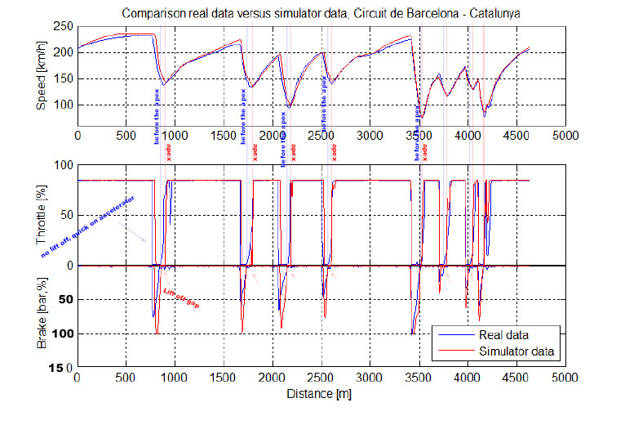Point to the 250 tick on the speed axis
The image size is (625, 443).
click(64, 26)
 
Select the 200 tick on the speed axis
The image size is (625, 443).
click(64, 52)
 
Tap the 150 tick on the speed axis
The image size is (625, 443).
click(64, 79)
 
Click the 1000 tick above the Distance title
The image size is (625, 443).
click(174, 379)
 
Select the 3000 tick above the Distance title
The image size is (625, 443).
click(370, 379)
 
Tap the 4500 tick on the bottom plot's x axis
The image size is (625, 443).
click(516, 379)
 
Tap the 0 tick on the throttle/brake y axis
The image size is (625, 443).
click(69, 265)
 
